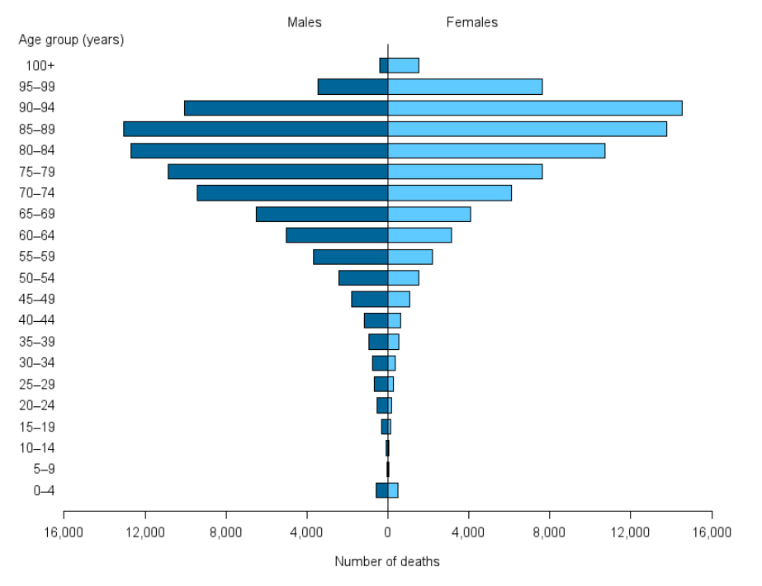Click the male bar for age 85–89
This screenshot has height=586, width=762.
(x=255, y=129)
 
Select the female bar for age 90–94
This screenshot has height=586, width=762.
(x=535, y=107)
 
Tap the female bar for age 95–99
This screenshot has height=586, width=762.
(x=465, y=87)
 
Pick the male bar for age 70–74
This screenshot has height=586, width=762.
(x=292, y=193)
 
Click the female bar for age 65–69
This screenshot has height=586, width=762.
(x=429, y=214)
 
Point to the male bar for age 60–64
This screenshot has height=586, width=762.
(x=337, y=235)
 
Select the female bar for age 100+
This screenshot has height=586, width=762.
(x=404, y=65)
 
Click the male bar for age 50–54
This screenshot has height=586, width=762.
(x=363, y=278)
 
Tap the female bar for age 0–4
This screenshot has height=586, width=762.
(x=393, y=490)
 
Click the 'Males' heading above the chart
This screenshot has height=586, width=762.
(x=305, y=22)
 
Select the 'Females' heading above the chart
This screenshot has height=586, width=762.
(x=472, y=22)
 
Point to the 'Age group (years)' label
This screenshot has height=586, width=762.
(x=71, y=40)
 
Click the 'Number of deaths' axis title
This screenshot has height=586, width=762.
(x=387, y=562)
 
